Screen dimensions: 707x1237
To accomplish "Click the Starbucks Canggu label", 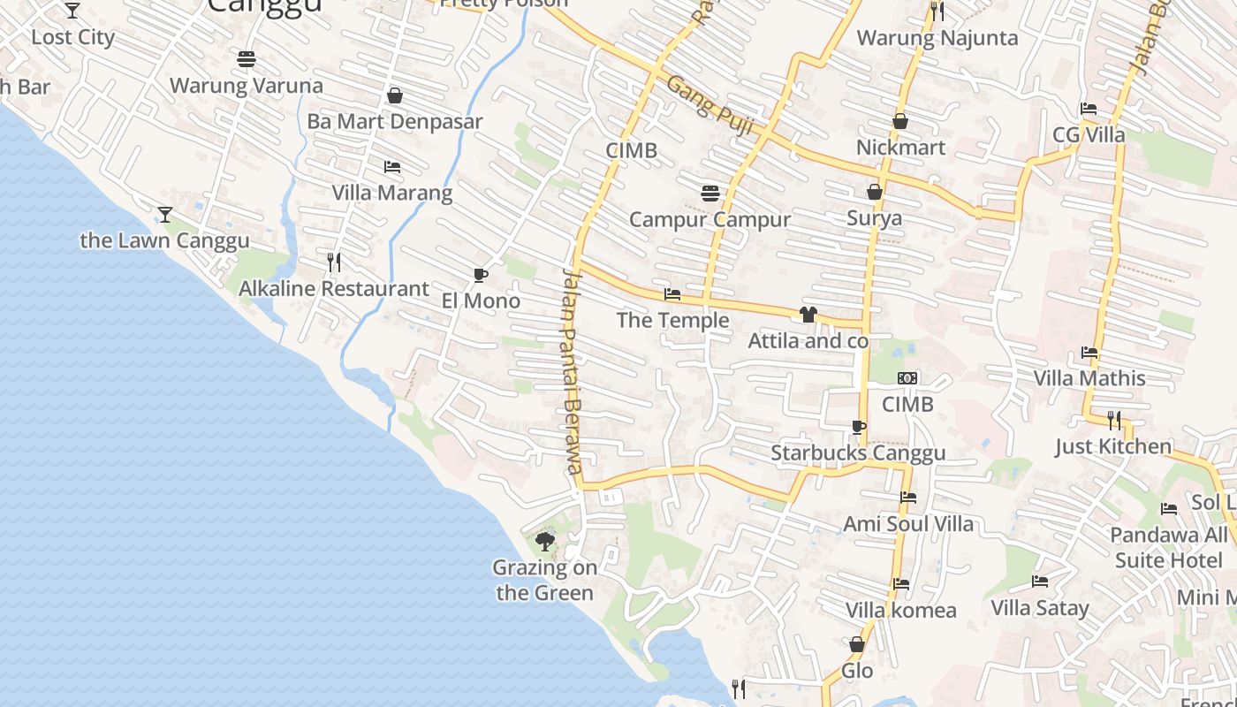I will tap(858, 452).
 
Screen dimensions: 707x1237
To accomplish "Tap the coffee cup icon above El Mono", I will tap(480, 275).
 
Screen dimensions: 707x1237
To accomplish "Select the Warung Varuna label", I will tap(247, 86).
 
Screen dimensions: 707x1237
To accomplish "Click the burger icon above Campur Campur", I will tap(710, 193).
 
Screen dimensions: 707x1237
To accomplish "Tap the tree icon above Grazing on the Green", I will tap(545, 540).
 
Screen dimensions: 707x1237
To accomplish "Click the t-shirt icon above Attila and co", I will tap(808, 314).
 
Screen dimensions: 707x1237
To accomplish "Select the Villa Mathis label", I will tap(1089, 378).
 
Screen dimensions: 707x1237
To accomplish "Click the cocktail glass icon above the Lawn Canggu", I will tap(164, 214).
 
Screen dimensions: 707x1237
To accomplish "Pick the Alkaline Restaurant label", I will tap(334, 289).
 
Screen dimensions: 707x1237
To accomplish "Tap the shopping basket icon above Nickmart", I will tap(900, 121).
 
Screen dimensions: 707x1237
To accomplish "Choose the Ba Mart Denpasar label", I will tap(395, 122).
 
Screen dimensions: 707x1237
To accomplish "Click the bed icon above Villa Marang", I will tap(391, 166).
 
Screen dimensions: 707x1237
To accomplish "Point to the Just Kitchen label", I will tap(1113, 446).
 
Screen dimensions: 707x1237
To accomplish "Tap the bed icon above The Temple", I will tap(672, 293).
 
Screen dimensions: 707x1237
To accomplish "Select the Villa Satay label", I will tap(1040, 608).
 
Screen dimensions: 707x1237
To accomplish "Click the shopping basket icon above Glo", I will tap(856, 644).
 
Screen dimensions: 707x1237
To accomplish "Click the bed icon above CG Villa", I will tap(1089, 109).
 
